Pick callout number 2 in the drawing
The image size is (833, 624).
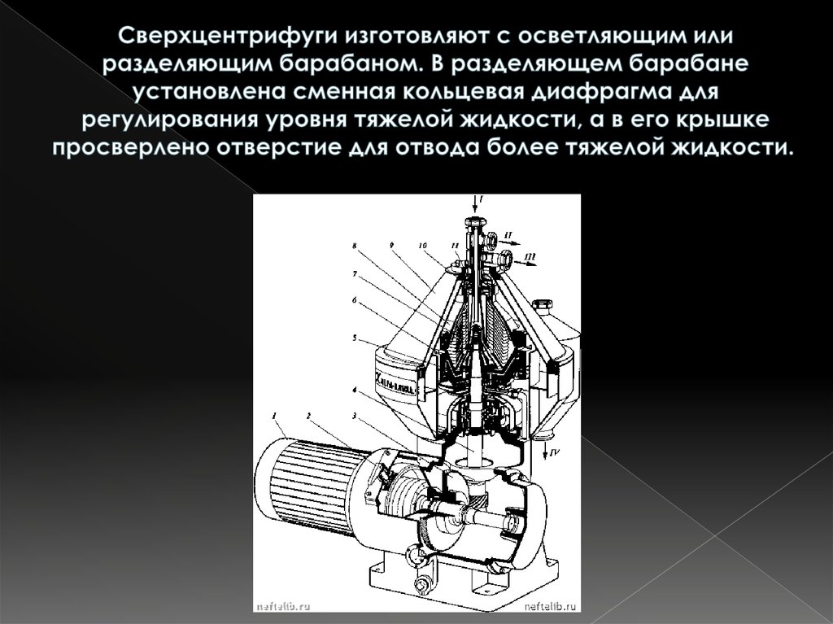coord(309,416)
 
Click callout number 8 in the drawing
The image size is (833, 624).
coord(354,244)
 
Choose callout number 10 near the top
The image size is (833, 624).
coord(423,244)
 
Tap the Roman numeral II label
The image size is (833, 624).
coord(508,235)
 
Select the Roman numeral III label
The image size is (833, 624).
coord(530,257)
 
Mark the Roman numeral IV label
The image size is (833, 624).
coord(553,450)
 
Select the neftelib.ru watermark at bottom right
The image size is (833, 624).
coord(552,605)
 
